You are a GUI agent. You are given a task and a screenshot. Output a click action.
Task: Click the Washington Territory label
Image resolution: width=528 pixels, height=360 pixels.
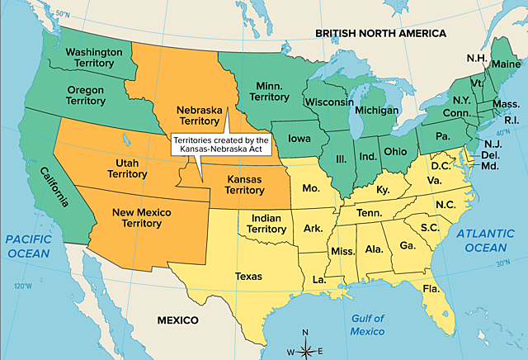tap(93, 58)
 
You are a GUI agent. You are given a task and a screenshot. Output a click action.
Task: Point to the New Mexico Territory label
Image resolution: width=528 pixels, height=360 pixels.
tap(144, 218)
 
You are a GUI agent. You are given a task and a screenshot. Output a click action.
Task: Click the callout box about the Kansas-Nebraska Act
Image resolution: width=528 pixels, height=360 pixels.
tap(219, 144)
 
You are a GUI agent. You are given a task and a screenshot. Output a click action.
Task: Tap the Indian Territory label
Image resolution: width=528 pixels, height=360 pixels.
tap(267, 223)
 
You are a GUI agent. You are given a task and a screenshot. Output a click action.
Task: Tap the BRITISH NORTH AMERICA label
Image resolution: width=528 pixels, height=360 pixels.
tap(381, 34)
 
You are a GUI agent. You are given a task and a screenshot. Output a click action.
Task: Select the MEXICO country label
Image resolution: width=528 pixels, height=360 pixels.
tap(178, 320)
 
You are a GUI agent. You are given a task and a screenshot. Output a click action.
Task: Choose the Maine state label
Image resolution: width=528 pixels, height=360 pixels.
tap(507, 64)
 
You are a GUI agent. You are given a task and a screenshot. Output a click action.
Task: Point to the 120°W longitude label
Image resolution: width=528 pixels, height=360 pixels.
tap(22, 287)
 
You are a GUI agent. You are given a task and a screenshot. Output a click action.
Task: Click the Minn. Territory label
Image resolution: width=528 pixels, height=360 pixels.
tap(269, 92)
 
